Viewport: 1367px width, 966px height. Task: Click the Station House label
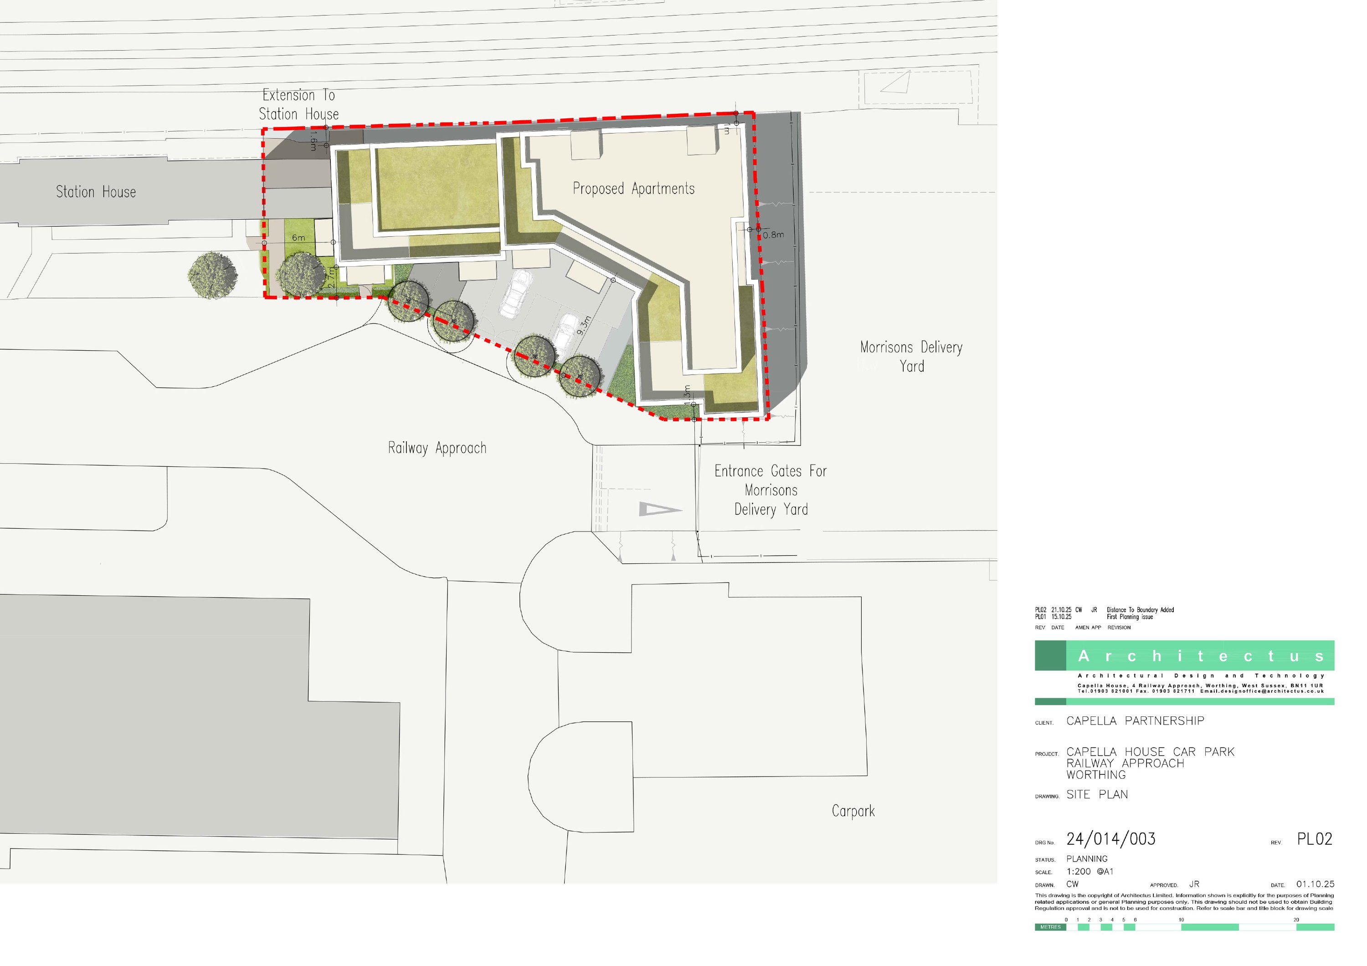(x=96, y=192)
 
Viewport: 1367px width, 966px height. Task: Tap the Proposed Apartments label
(x=633, y=189)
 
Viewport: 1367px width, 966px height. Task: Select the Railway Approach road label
(x=437, y=448)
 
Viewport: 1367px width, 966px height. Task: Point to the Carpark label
(x=853, y=811)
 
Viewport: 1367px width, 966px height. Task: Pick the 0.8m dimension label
(x=773, y=235)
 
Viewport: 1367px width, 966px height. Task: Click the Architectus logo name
(x=1200, y=656)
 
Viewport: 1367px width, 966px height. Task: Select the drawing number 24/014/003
(x=1111, y=839)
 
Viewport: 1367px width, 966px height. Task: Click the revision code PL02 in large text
(x=1315, y=839)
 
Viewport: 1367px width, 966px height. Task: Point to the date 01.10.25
(x=1315, y=884)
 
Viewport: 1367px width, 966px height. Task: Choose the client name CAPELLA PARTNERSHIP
(x=1135, y=721)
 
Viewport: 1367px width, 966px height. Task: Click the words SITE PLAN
(x=1097, y=795)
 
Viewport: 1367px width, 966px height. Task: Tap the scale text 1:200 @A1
(x=1089, y=871)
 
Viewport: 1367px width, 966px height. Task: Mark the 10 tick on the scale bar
(x=1181, y=920)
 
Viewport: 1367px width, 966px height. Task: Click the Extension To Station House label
(x=299, y=105)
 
